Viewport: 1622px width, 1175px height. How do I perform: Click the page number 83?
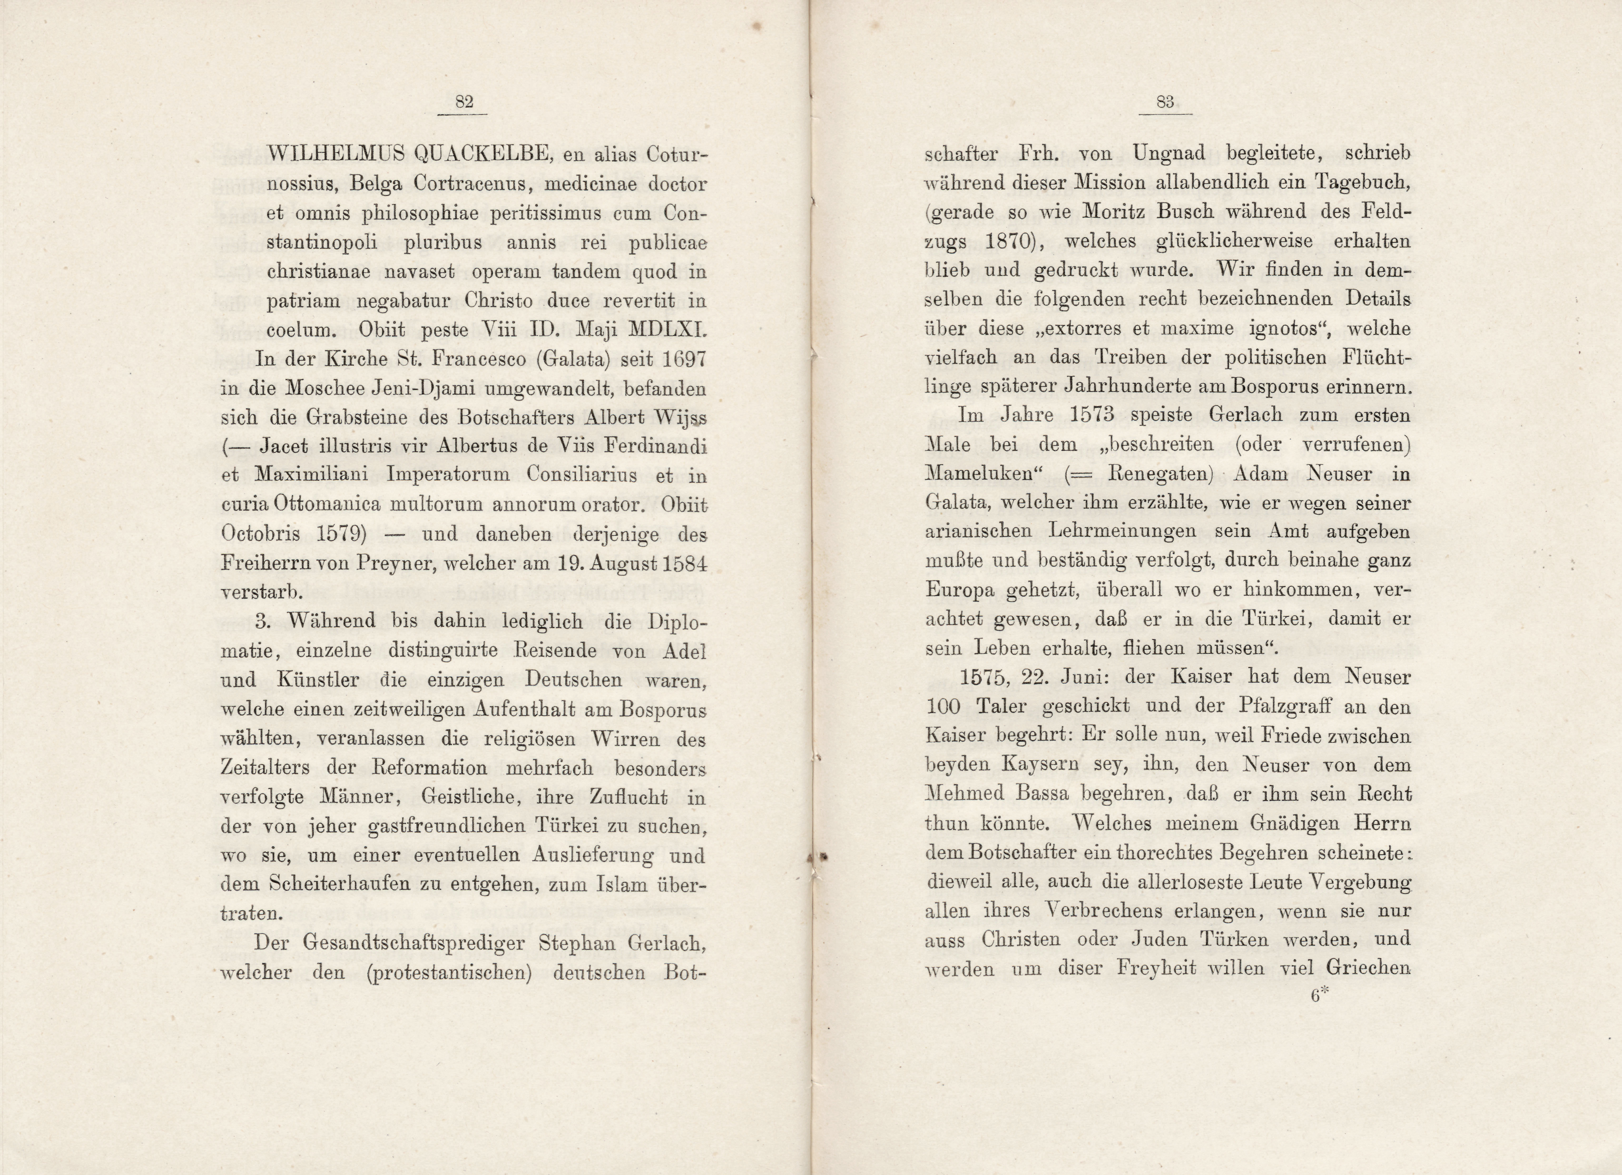point(1165,102)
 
